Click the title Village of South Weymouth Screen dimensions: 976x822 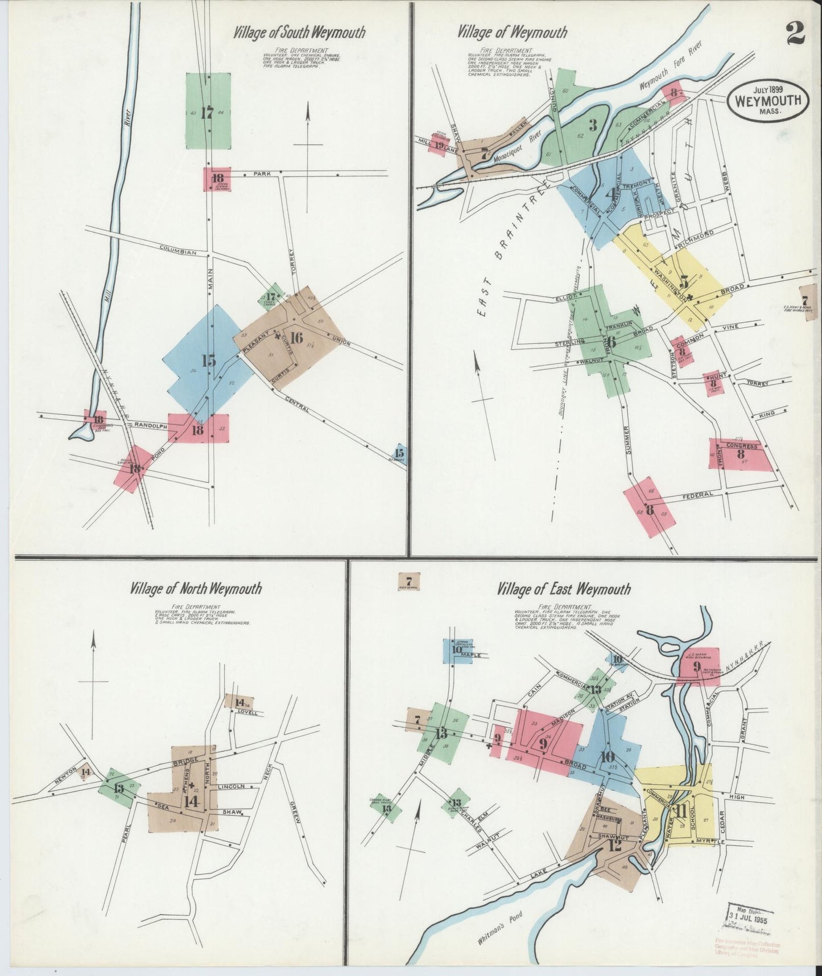[299, 32]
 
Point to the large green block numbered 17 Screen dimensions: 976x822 [208, 112]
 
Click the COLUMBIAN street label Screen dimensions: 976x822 [178, 251]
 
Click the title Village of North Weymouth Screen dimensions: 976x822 [196, 588]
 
